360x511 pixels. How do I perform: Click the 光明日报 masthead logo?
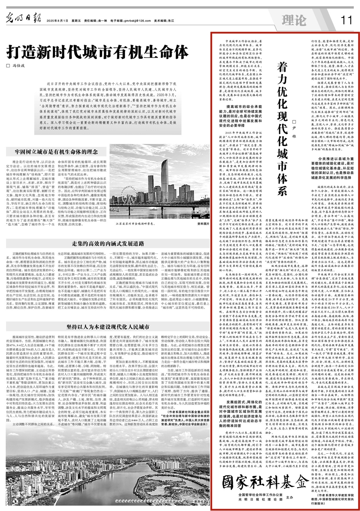(20, 18)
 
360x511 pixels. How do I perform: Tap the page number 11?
(346, 20)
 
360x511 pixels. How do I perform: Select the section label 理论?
(294, 20)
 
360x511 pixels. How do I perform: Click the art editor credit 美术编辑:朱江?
(164, 21)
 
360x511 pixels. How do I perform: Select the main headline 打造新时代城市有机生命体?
(97, 52)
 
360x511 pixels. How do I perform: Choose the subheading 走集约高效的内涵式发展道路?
(108, 243)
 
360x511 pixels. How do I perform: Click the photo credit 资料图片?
(203, 224)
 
